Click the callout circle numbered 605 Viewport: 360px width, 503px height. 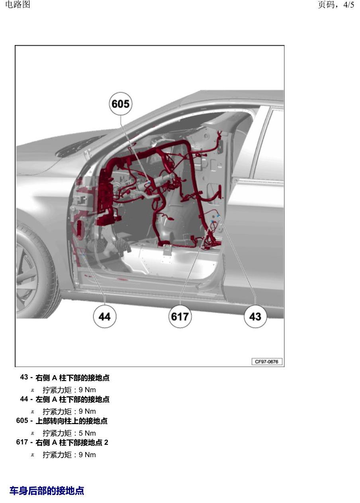click(120, 104)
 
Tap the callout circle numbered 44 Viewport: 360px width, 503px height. click(104, 316)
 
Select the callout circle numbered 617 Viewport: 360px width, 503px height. click(180, 316)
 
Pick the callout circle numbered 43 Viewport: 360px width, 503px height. click(256, 316)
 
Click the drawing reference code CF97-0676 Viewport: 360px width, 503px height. click(267, 362)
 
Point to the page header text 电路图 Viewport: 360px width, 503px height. click(18, 5)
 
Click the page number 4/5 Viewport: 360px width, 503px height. click(348, 5)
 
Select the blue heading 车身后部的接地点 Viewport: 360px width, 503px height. click(47, 491)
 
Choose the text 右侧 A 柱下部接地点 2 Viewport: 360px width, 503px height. click(72, 442)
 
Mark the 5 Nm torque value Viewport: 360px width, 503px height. click(87, 433)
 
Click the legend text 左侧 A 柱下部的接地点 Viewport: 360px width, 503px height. click(72, 399)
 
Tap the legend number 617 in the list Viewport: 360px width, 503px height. click(22, 442)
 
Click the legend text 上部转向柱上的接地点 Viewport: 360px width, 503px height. click(72, 421)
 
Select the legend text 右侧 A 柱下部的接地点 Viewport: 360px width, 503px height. click(72, 377)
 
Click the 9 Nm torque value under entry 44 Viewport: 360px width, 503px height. click(87, 411)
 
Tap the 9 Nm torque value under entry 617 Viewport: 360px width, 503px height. click(87, 454)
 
